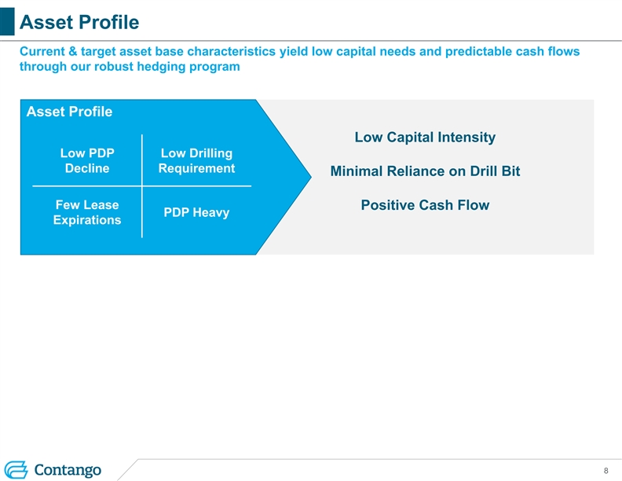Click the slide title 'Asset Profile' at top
(x=79, y=22)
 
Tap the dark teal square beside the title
(x=7, y=21)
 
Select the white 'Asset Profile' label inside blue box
(x=69, y=112)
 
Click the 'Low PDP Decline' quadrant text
(x=87, y=161)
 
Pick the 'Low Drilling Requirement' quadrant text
(x=197, y=161)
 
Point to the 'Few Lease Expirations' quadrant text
(x=87, y=212)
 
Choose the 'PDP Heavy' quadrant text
(x=197, y=212)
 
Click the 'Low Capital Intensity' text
(x=425, y=138)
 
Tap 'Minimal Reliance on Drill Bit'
(x=425, y=171)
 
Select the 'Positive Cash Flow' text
(x=425, y=205)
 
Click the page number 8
(x=606, y=471)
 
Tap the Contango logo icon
(x=16, y=470)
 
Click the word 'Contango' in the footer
(x=68, y=470)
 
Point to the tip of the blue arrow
(x=312, y=177)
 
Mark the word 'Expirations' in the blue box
(x=87, y=220)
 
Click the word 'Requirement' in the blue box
(x=197, y=169)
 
